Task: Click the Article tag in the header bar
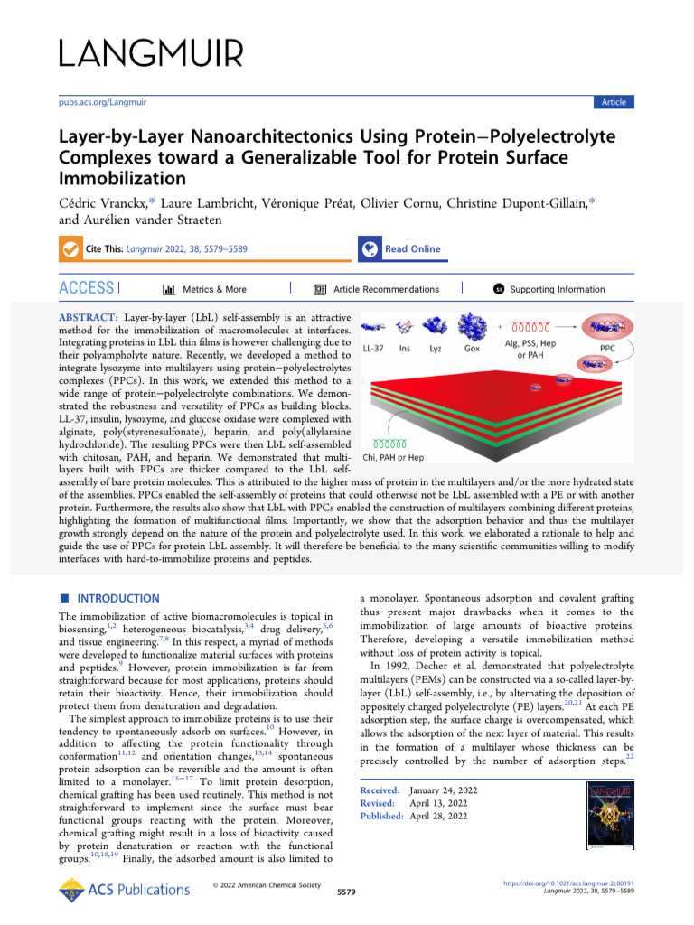click(614, 102)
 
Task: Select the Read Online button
click(412, 249)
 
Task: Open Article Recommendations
click(386, 289)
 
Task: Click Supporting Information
click(557, 289)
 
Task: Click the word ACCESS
click(86, 289)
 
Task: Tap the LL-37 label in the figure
click(375, 348)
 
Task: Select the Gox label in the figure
click(472, 348)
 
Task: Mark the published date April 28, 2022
click(438, 816)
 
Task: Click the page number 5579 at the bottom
click(346, 892)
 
